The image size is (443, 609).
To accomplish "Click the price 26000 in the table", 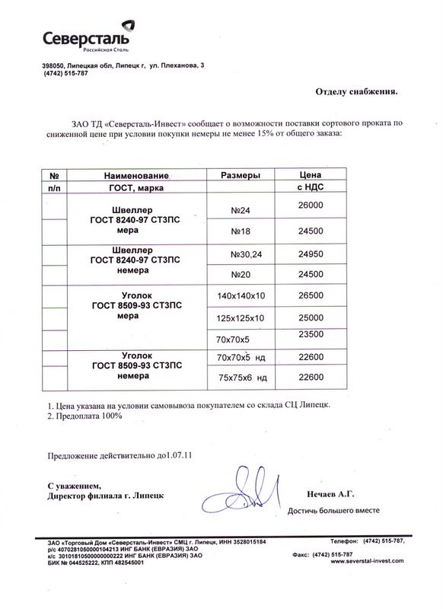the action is [314, 205].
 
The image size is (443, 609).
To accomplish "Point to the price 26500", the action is [314, 293].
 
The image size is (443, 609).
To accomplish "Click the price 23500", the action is [314, 333].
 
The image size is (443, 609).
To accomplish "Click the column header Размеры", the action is [241, 175].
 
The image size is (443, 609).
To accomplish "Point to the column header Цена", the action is [313, 174].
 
